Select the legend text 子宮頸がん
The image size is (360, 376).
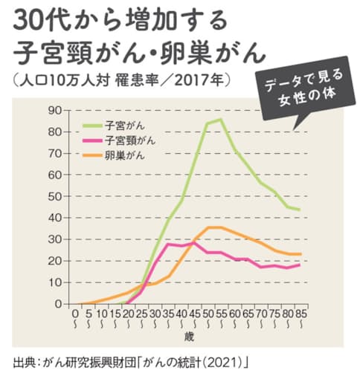click(130, 140)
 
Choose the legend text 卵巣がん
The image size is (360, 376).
click(124, 155)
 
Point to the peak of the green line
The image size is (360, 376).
click(220, 119)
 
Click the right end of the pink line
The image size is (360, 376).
click(299, 265)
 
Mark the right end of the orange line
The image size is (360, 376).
click(299, 254)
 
